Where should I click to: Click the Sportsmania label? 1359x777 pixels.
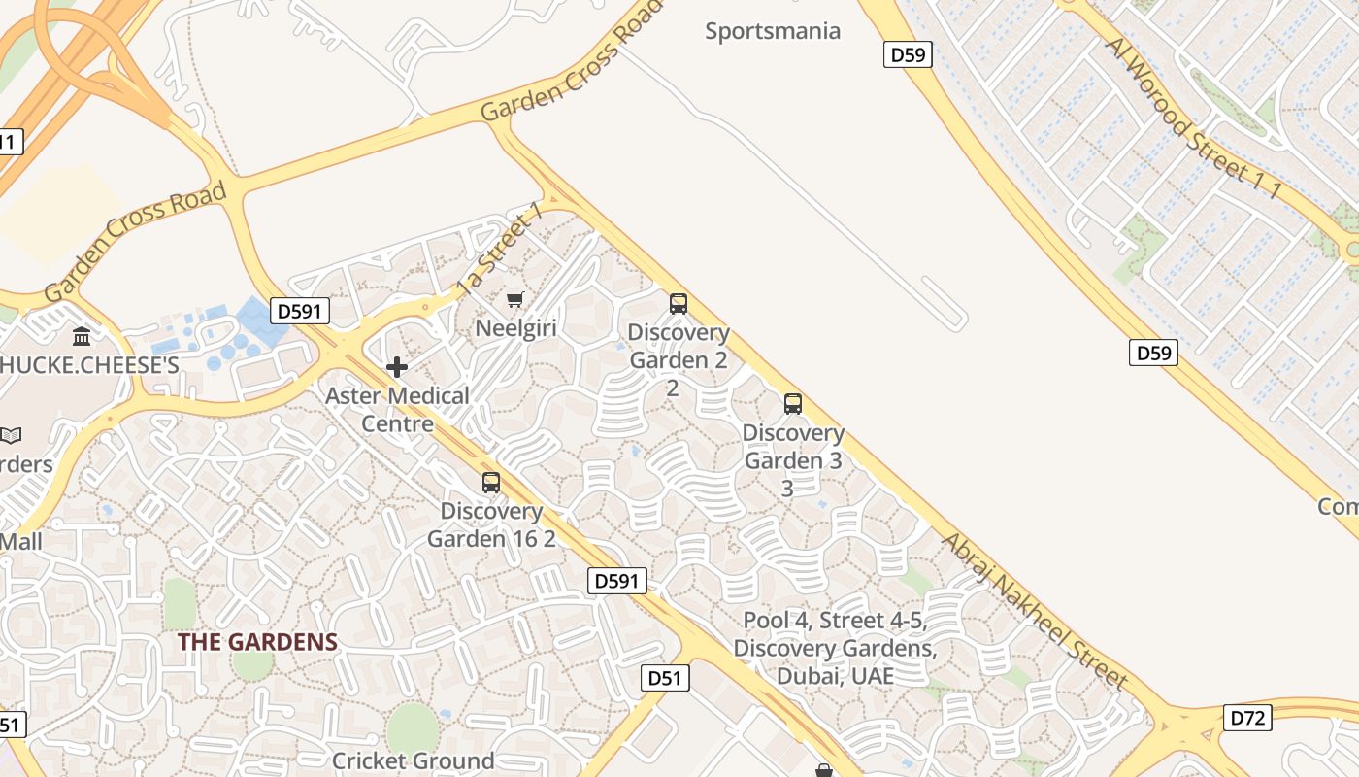(772, 31)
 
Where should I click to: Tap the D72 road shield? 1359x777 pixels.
(1246, 718)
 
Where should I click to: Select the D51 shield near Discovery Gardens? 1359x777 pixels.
(665, 677)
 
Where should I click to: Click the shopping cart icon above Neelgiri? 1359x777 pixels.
(515, 299)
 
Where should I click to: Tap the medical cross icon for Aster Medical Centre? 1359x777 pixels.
(396, 367)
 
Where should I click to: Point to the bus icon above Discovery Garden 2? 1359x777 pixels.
(678, 303)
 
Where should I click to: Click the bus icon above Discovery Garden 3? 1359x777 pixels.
(793, 404)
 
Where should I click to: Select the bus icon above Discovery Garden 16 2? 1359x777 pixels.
(491, 482)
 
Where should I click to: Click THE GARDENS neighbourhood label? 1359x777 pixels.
(257, 642)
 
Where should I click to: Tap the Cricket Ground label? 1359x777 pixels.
(413, 760)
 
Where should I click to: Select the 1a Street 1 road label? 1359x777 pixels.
(498, 250)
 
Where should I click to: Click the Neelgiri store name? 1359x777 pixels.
(515, 328)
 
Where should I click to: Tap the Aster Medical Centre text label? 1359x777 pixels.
(397, 410)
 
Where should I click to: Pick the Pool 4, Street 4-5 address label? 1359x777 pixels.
(835, 648)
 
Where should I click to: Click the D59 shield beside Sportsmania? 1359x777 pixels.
(908, 54)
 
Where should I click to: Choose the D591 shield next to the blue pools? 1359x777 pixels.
(300, 311)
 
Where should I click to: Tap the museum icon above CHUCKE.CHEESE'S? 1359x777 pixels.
(83, 336)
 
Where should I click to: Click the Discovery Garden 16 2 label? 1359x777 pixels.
(491, 524)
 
